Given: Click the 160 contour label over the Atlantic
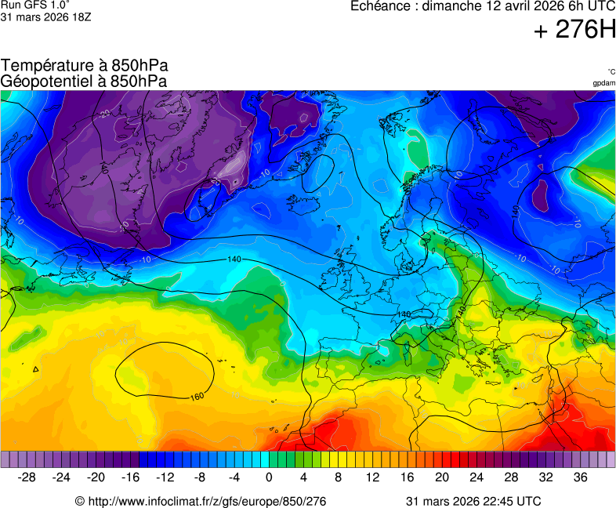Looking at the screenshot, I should (197, 396).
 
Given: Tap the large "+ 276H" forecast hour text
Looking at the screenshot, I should (574, 31).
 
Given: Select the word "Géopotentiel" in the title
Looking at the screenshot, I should (44, 81).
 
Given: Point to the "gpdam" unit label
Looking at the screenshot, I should (603, 83).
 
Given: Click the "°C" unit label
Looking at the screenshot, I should (611, 71).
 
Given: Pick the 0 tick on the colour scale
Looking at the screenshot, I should (269, 477).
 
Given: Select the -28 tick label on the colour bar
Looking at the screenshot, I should (27, 477).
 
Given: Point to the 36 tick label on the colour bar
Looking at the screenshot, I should (581, 477).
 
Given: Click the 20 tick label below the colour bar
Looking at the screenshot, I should (442, 477).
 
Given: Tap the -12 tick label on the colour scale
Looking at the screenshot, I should (165, 477).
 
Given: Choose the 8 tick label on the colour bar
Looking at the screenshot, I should (339, 477).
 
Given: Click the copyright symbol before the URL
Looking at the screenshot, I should (79, 501).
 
